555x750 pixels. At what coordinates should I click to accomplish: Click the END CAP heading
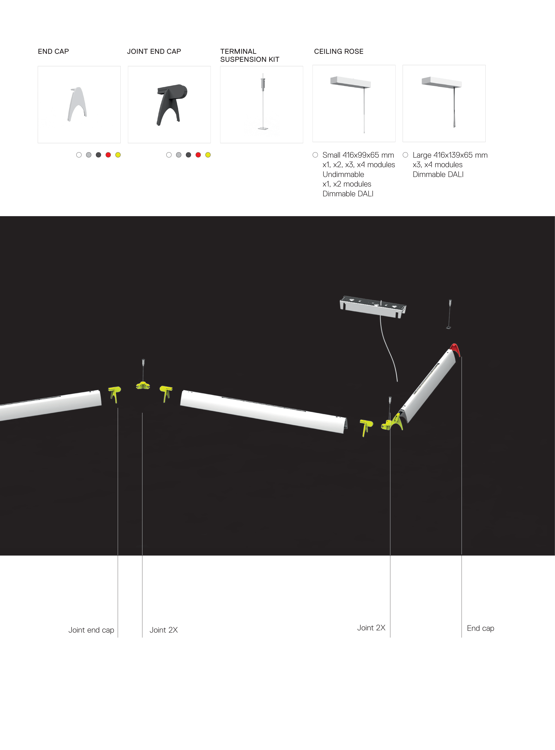click(54, 51)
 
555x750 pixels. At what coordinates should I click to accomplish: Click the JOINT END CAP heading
click(154, 51)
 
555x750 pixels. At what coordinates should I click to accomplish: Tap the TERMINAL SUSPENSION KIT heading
click(250, 56)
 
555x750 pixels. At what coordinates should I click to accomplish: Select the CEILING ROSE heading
click(339, 51)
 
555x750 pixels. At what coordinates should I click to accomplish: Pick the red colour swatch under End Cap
click(108, 155)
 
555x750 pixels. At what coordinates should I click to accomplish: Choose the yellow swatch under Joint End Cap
click(208, 155)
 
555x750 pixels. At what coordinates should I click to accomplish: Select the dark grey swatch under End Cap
click(98, 155)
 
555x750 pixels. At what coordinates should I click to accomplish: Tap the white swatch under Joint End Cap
click(169, 155)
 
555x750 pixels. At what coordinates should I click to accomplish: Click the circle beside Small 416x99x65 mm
click(315, 155)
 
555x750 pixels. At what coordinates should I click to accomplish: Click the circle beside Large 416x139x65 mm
click(406, 155)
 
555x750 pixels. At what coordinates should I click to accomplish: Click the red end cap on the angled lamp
click(455, 349)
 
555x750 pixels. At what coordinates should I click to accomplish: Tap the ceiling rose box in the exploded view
click(373, 306)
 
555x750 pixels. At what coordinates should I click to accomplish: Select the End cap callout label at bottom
click(480, 628)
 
